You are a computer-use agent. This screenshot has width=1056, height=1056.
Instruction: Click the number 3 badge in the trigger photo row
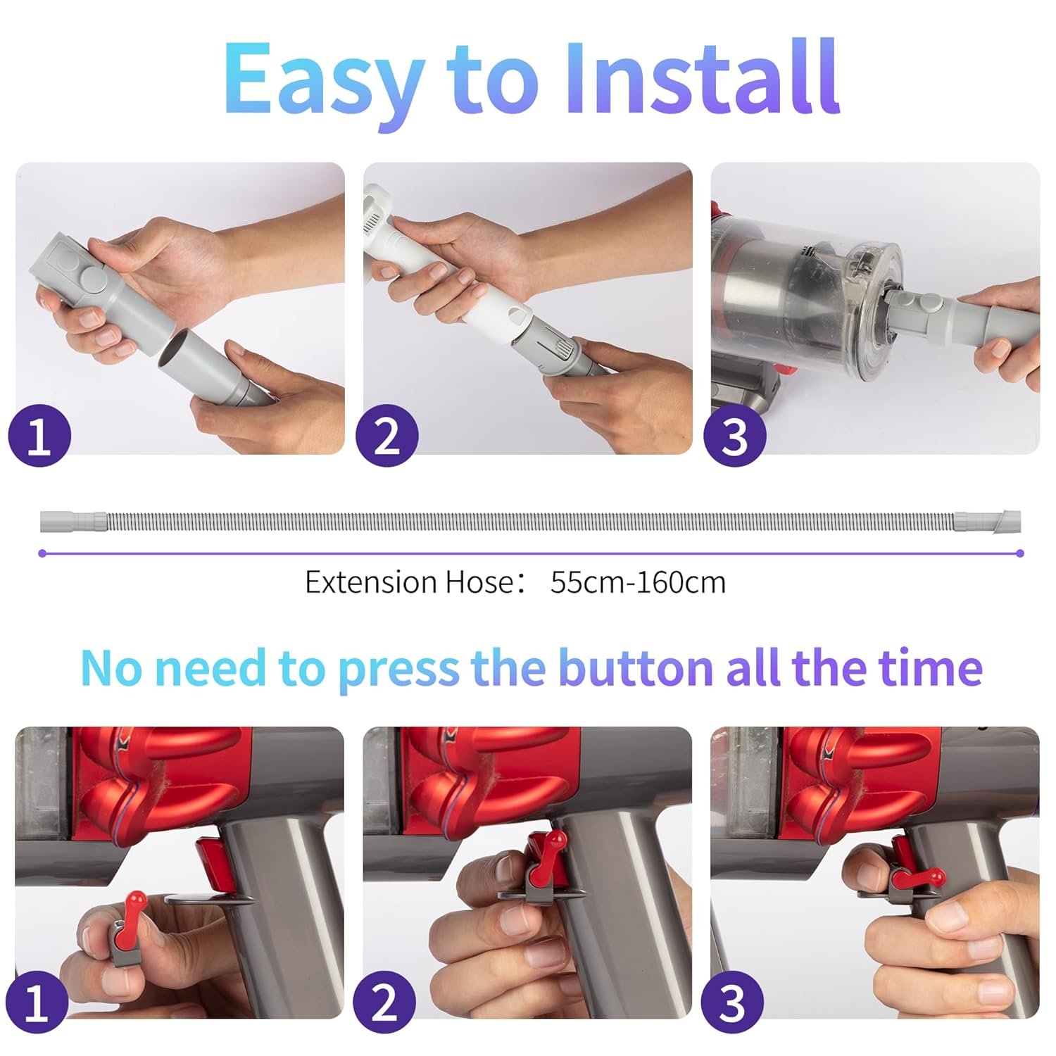click(734, 1002)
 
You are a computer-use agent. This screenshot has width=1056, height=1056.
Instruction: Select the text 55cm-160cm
click(638, 583)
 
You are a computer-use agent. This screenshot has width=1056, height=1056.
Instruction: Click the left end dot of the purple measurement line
click(42, 554)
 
